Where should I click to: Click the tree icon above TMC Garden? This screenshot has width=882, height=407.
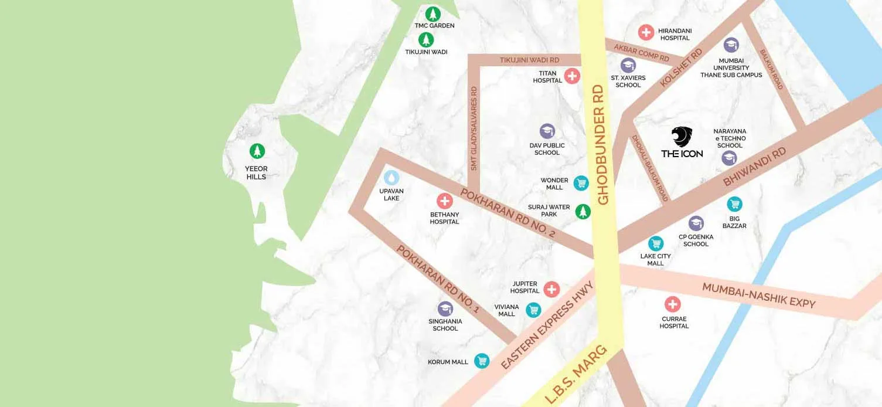point(433,13)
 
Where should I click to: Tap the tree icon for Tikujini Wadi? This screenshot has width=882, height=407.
point(426,40)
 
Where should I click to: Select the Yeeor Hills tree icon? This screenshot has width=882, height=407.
point(257,151)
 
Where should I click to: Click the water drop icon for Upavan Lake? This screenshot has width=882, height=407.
point(391,177)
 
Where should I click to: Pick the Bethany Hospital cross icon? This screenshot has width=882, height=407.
point(445,201)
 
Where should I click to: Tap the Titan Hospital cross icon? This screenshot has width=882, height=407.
point(572,76)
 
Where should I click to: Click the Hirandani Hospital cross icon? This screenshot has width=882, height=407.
point(646,32)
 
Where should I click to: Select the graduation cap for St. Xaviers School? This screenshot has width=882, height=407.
point(628,65)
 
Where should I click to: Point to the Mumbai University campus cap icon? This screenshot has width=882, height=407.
point(731,45)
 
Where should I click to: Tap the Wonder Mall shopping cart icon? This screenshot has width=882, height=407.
point(581,184)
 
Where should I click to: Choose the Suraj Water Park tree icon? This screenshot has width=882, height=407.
point(583,211)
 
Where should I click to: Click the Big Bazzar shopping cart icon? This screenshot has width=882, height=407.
point(734,204)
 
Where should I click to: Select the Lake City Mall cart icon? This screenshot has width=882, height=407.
point(656,243)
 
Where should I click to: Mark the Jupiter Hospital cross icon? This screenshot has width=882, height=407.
point(551,289)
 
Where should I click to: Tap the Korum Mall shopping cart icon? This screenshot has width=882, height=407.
point(482,361)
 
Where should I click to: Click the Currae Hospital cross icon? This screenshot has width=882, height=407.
point(672,304)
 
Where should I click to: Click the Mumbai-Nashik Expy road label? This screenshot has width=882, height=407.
point(758,295)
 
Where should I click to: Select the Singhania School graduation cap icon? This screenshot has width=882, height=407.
point(445,309)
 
